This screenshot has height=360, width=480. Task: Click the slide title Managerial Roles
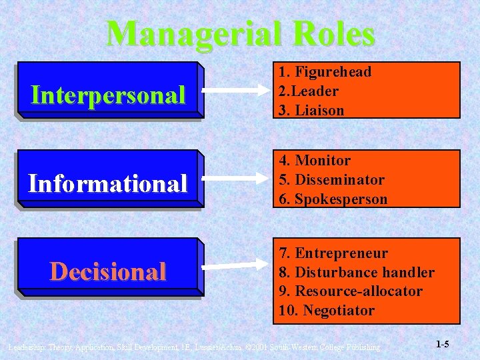pos(240,33)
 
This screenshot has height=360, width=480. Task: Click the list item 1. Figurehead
pos(325,72)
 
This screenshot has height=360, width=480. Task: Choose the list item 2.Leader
pos(309,91)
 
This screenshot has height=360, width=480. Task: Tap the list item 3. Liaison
pos(311,110)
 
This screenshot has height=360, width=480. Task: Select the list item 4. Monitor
pos(314,161)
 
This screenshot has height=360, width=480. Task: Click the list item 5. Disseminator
pos(331,180)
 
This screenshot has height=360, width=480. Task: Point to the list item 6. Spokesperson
pos(333,199)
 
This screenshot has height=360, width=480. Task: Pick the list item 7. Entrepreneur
pos(333,253)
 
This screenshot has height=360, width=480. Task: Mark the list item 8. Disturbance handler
pos(356,273)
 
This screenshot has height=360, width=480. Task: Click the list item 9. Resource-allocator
pos(351,291)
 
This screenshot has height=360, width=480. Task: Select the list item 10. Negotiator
pos(327,311)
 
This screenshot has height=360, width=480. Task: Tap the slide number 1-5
pos(442,345)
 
